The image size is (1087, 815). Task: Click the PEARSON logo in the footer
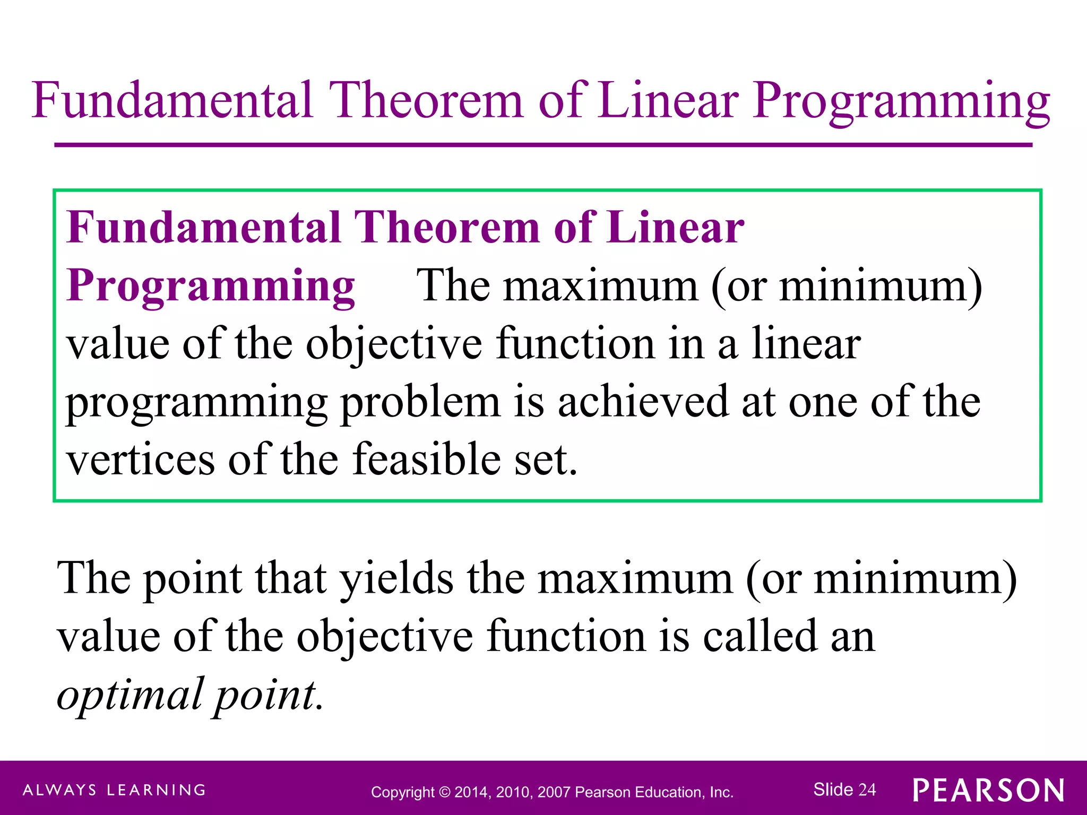click(x=988, y=790)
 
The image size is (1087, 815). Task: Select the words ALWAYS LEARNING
click(x=114, y=790)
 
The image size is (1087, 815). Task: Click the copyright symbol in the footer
click(x=445, y=792)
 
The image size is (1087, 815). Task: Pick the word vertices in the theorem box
click(x=141, y=459)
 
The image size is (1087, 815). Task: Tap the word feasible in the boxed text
click(x=426, y=459)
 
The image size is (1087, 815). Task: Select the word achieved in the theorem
click(x=643, y=402)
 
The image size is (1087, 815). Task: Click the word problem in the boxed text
click(x=420, y=402)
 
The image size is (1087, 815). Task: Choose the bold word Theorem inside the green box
click(x=447, y=227)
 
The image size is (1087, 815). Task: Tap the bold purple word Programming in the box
click(x=211, y=285)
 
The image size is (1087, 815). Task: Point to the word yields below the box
click(x=396, y=578)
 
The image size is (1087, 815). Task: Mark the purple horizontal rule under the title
click(x=543, y=145)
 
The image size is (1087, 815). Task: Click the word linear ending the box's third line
click(x=806, y=344)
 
